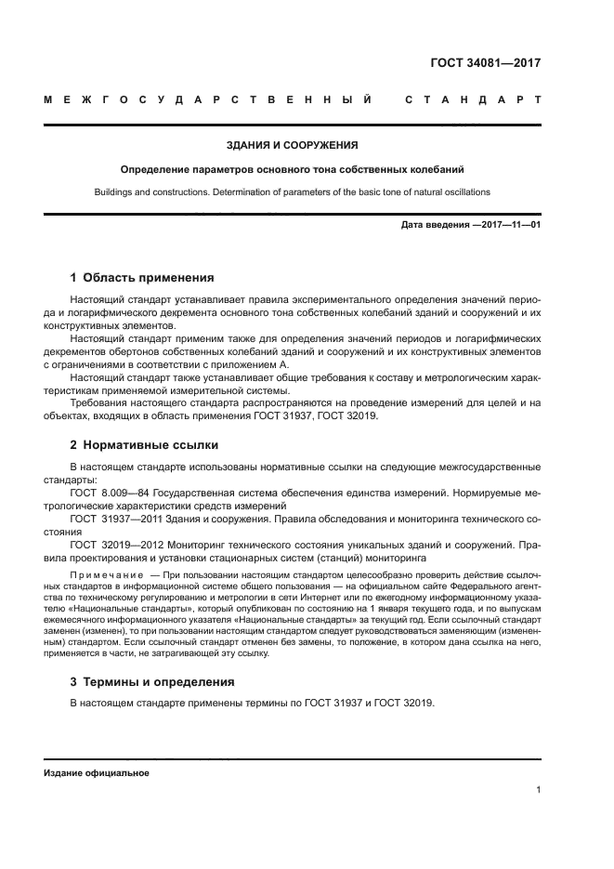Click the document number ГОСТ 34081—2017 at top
(x=486, y=64)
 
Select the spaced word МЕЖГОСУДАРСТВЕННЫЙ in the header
(x=209, y=99)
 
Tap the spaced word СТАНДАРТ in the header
(x=473, y=99)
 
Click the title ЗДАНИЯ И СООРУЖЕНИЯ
(x=293, y=145)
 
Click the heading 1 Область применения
(x=142, y=277)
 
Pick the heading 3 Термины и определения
(x=152, y=681)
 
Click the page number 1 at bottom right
(x=538, y=790)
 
